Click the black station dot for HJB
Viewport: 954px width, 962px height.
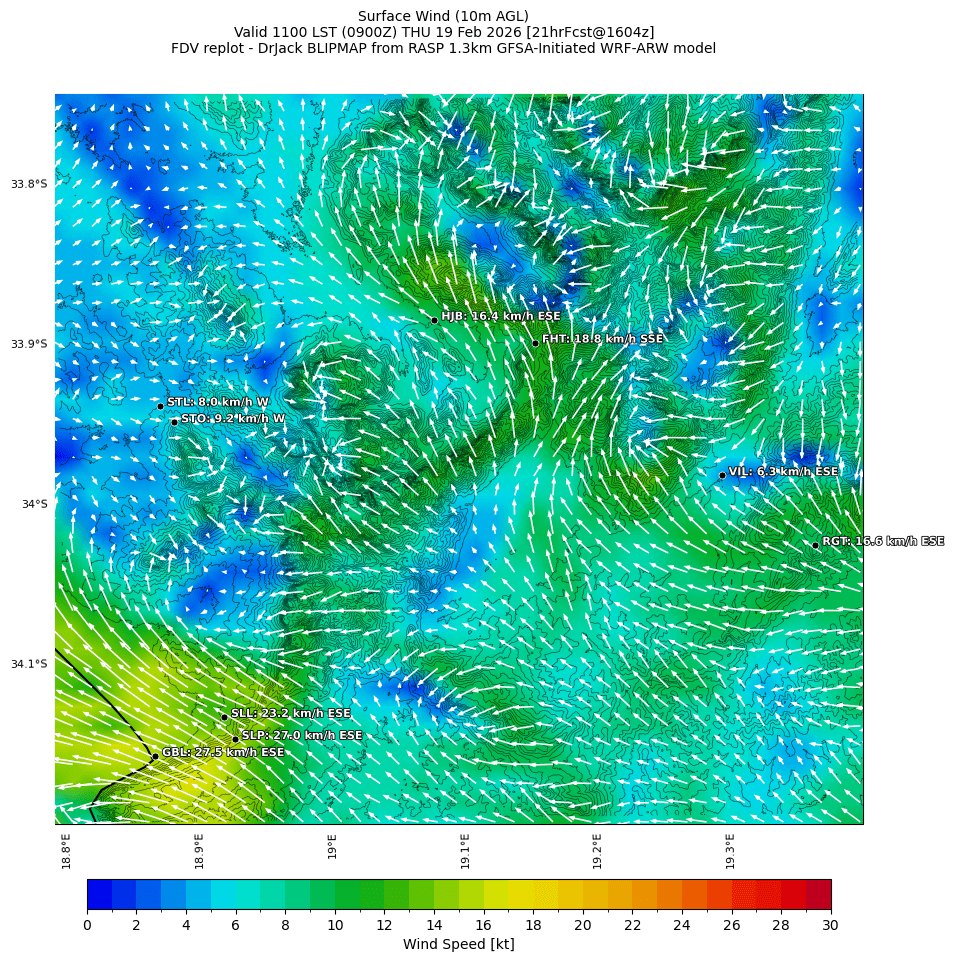click(x=434, y=320)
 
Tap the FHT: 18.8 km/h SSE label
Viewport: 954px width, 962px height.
click(x=602, y=339)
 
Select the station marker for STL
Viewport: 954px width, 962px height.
click(x=160, y=406)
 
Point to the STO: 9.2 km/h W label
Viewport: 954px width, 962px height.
click(x=232, y=419)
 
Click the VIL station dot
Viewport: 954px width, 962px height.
click(x=722, y=476)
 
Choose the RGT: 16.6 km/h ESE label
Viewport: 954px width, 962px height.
click(x=882, y=541)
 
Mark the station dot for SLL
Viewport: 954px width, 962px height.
click(x=224, y=717)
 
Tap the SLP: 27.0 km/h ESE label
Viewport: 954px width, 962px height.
click(x=301, y=735)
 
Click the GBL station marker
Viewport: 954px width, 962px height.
click(x=155, y=756)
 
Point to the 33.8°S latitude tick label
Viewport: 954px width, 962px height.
click(x=29, y=184)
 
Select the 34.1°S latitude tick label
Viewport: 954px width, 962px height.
click(x=29, y=664)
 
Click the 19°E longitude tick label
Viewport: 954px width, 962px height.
click(x=332, y=846)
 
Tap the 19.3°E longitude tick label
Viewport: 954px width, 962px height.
click(x=730, y=850)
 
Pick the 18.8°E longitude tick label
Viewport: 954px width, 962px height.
click(x=66, y=850)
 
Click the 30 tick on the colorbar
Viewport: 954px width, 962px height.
click(x=830, y=925)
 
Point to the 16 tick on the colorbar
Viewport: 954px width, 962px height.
click(x=483, y=925)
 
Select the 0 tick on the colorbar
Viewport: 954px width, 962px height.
click(x=87, y=925)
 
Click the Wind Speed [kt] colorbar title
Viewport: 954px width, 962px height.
click(x=458, y=944)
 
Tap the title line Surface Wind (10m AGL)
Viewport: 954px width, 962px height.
click(x=443, y=16)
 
